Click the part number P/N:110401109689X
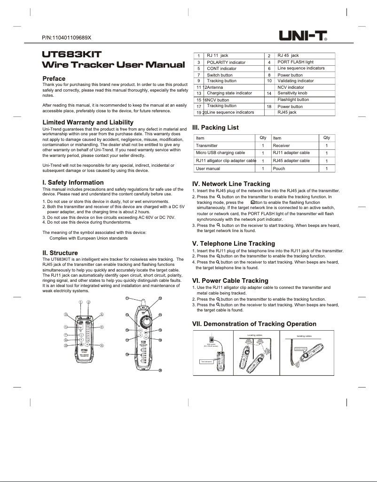(66, 37)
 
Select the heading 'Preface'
(54, 78)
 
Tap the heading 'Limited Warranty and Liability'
(85, 122)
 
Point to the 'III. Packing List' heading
(216, 127)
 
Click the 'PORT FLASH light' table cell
(295, 62)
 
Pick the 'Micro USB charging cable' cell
(220, 153)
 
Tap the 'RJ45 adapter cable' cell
(291, 161)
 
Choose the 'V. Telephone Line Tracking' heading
(234, 243)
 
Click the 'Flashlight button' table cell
(293, 100)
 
